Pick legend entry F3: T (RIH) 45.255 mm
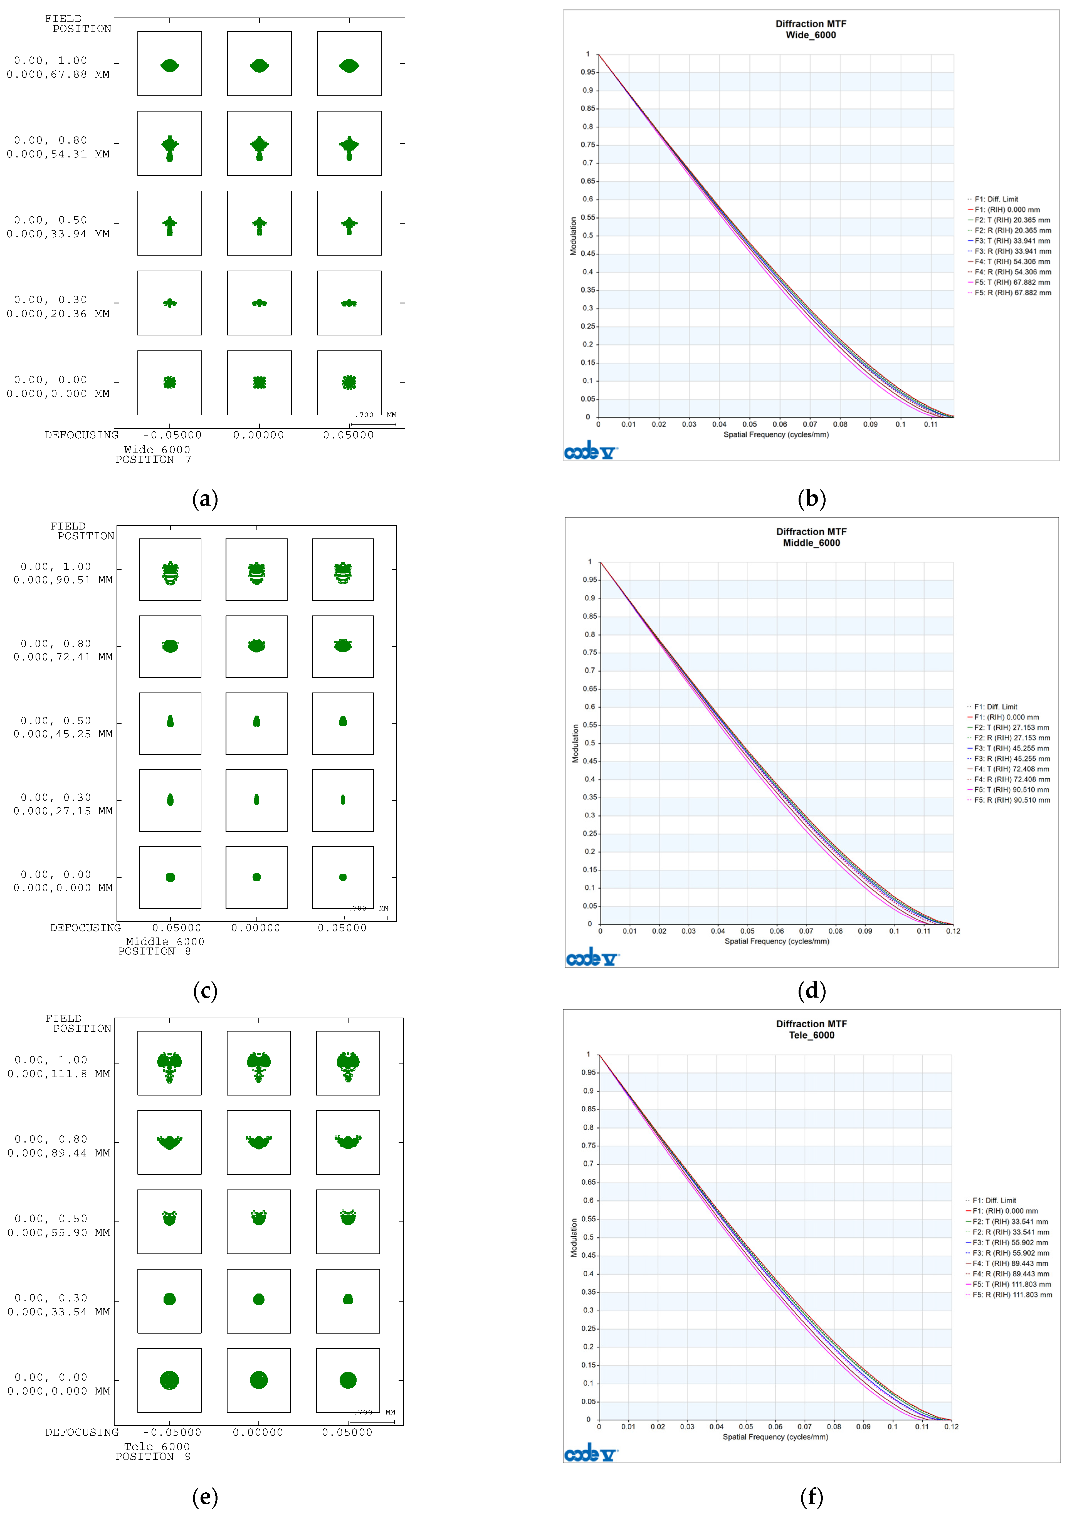[1011, 748]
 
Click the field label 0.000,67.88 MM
[58, 75]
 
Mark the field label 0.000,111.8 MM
[59, 1074]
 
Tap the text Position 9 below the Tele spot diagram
[153, 1456]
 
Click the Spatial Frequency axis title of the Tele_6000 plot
[775, 1437]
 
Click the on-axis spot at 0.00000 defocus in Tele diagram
[258, 1380]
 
